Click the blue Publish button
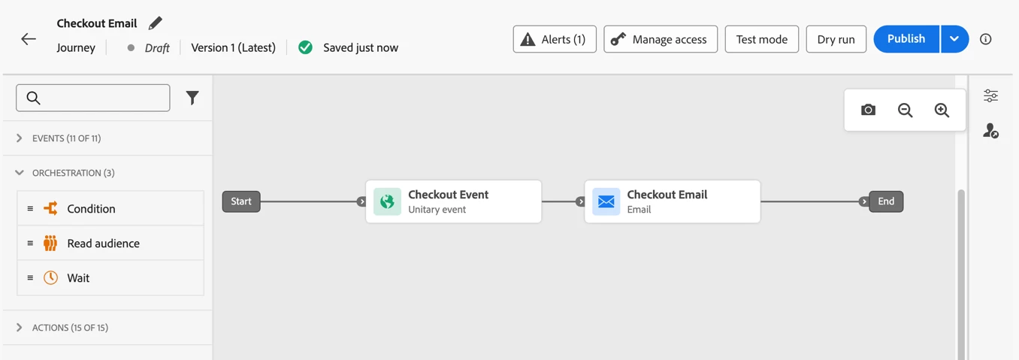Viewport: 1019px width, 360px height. click(906, 39)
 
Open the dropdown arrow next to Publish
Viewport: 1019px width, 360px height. click(954, 39)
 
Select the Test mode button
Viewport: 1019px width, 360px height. click(761, 39)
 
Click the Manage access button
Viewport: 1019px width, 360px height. click(661, 39)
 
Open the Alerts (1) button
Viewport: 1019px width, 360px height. click(555, 39)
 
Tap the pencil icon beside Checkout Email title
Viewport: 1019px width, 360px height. click(155, 23)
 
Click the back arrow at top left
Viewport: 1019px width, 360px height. click(29, 39)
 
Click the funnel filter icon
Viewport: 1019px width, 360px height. click(192, 98)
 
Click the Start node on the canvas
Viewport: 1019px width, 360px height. click(241, 201)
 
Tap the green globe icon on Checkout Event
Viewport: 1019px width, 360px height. click(387, 201)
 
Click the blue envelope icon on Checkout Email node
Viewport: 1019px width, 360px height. click(606, 201)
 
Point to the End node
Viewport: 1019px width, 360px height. click(886, 201)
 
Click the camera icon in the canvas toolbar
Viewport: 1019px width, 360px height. click(868, 110)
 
